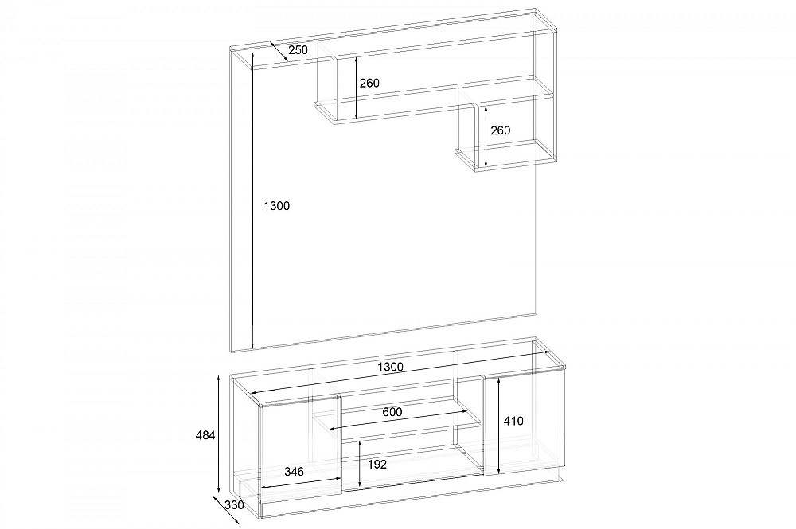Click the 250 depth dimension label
click(298, 49)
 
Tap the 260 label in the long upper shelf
click(369, 83)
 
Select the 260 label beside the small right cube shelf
click(500, 130)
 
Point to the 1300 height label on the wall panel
click(277, 205)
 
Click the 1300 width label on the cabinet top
click(390, 367)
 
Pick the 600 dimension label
click(392, 412)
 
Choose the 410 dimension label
click(513, 421)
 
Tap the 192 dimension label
click(377, 464)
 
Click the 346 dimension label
click(294, 472)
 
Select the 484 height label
click(205, 434)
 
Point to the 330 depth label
click(234, 505)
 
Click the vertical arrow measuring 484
click(218, 434)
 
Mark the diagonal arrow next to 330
click(226, 511)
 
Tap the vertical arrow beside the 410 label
click(500, 426)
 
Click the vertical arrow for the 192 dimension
click(359, 464)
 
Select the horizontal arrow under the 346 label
click(300, 484)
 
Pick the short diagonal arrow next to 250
click(279, 51)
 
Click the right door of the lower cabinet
click(524, 422)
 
